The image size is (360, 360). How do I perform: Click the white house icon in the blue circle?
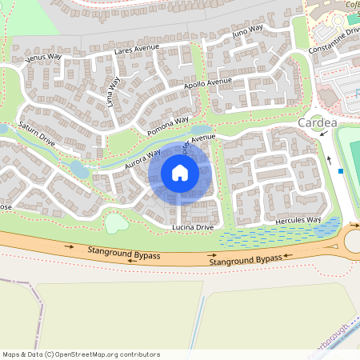180,172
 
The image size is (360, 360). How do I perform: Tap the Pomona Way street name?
168,126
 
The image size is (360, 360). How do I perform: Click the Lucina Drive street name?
193,227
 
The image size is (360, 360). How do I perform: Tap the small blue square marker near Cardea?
342,170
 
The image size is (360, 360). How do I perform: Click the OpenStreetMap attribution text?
81,354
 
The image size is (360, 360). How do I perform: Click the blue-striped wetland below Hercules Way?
272,236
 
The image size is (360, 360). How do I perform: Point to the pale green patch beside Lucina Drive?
117,222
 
